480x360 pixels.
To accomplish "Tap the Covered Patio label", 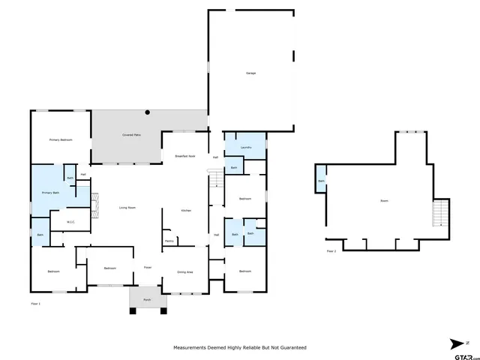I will pos(132,135).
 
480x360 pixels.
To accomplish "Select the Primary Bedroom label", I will pos(61,140).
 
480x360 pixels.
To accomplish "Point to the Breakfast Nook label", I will pos(185,156).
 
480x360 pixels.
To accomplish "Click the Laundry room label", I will pos(245,148).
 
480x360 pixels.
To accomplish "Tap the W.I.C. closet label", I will pos(70,221).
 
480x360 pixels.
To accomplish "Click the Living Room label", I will pos(127,208).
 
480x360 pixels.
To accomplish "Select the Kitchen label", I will pos(186,211).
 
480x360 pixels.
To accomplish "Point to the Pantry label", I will pos(169,241).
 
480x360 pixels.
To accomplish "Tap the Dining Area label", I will pos(186,271).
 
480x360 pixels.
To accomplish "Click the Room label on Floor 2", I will pos(384,201).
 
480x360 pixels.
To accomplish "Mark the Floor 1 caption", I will pos(35,304).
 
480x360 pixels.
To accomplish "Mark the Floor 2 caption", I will pos(331,252).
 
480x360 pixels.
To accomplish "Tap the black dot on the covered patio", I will pos(148,112).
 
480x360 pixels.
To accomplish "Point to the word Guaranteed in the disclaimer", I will pos(292,348).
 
